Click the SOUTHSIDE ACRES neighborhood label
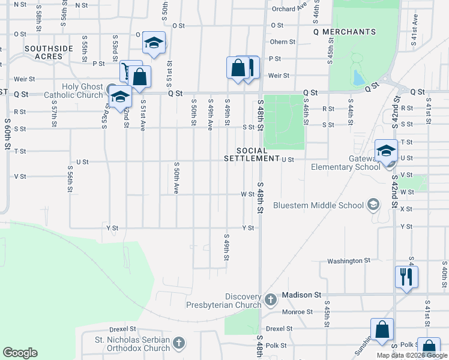click(x=49, y=52)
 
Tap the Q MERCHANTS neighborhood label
click(x=345, y=32)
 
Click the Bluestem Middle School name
click(x=318, y=205)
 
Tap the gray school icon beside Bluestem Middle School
click(x=373, y=205)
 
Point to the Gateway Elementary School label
click(x=345, y=162)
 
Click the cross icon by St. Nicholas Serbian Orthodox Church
click(x=178, y=343)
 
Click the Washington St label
click(x=349, y=261)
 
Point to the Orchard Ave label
click(x=289, y=9)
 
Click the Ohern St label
click(x=283, y=42)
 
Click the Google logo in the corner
click(x=20, y=353)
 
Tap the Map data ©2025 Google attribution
click(x=412, y=355)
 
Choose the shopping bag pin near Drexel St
click(x=382, y=329)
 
